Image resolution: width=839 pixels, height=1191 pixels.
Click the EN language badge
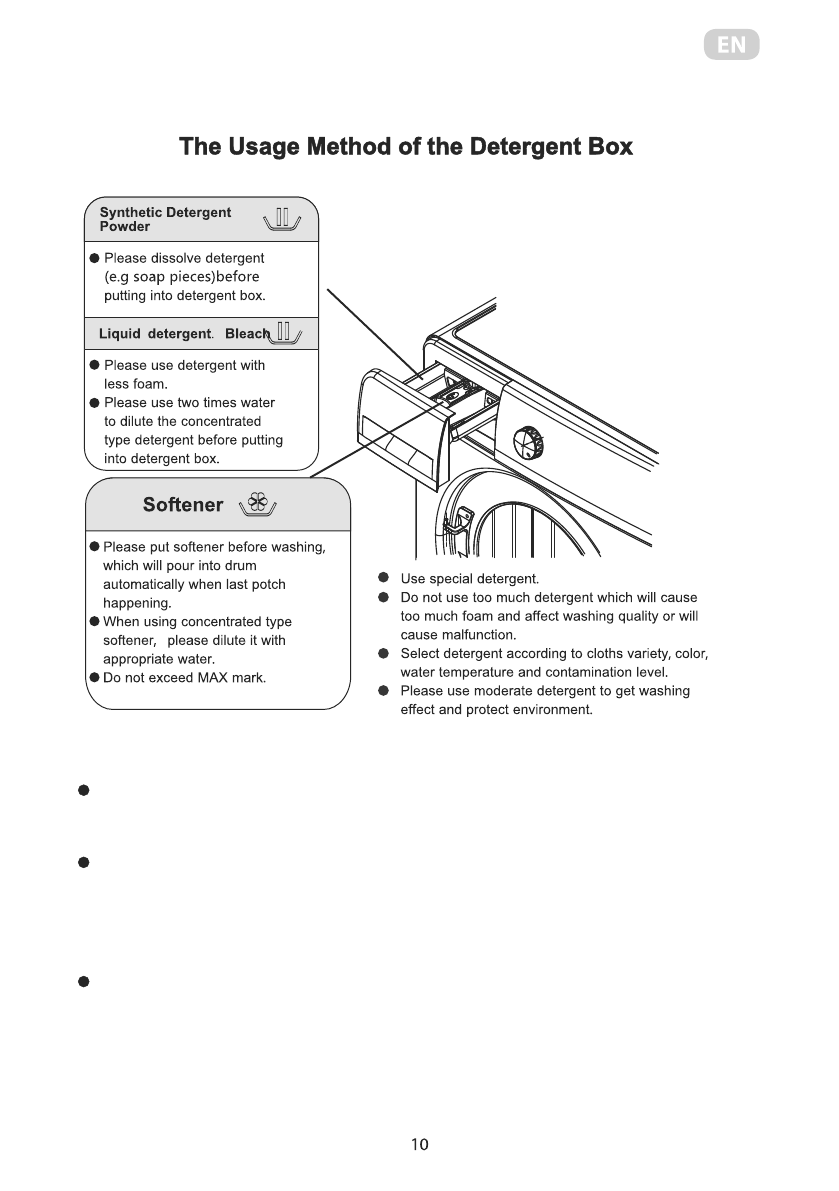(731, 45)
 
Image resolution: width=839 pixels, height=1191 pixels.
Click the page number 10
(419, 1145)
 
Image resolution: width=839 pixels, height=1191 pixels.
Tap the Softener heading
(183, 505)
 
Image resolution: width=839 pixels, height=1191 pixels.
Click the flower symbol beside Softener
(258, 506)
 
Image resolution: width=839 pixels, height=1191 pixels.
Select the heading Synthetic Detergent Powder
(165, 219)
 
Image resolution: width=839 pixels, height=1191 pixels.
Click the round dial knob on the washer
(528, 441)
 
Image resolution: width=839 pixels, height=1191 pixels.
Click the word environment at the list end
(550, 710)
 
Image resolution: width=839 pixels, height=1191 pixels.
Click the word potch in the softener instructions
(269, 584)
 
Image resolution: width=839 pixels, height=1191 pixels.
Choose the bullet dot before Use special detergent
(384, 579)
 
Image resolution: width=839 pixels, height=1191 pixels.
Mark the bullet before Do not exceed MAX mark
(93, 678)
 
